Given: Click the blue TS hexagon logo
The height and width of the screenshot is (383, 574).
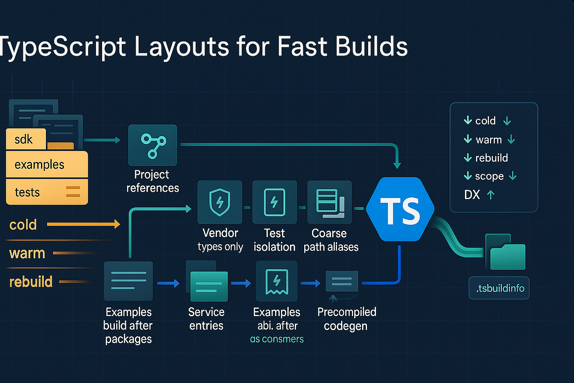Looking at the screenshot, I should click(400, 209).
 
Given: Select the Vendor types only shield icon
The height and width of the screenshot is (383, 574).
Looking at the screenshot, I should click(220, 202).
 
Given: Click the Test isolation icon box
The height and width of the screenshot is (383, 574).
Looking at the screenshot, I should click(274, 202).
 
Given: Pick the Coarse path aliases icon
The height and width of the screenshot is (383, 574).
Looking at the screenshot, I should click(330, 202).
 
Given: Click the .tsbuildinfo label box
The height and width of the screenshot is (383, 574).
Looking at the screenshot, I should click(499, 288).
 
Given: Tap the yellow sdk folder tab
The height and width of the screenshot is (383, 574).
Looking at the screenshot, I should click(25, 140).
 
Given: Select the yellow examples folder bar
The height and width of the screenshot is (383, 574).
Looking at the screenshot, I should click(47, 165).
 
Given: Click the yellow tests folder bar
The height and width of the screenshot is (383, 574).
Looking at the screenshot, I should click(47, 192).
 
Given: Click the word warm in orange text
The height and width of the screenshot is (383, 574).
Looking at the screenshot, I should click(27, 253).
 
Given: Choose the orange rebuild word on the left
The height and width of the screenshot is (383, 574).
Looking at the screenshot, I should click(31, 282).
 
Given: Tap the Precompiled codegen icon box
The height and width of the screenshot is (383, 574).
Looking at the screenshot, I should click(342, 282).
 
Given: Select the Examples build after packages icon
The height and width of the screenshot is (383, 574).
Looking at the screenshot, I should click(128, 281).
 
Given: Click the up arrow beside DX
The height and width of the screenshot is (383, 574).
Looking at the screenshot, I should click(491, 195).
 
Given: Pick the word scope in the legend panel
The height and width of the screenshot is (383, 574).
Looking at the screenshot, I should click(489, 176).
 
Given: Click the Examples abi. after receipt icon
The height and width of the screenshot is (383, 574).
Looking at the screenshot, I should click(277, 281).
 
